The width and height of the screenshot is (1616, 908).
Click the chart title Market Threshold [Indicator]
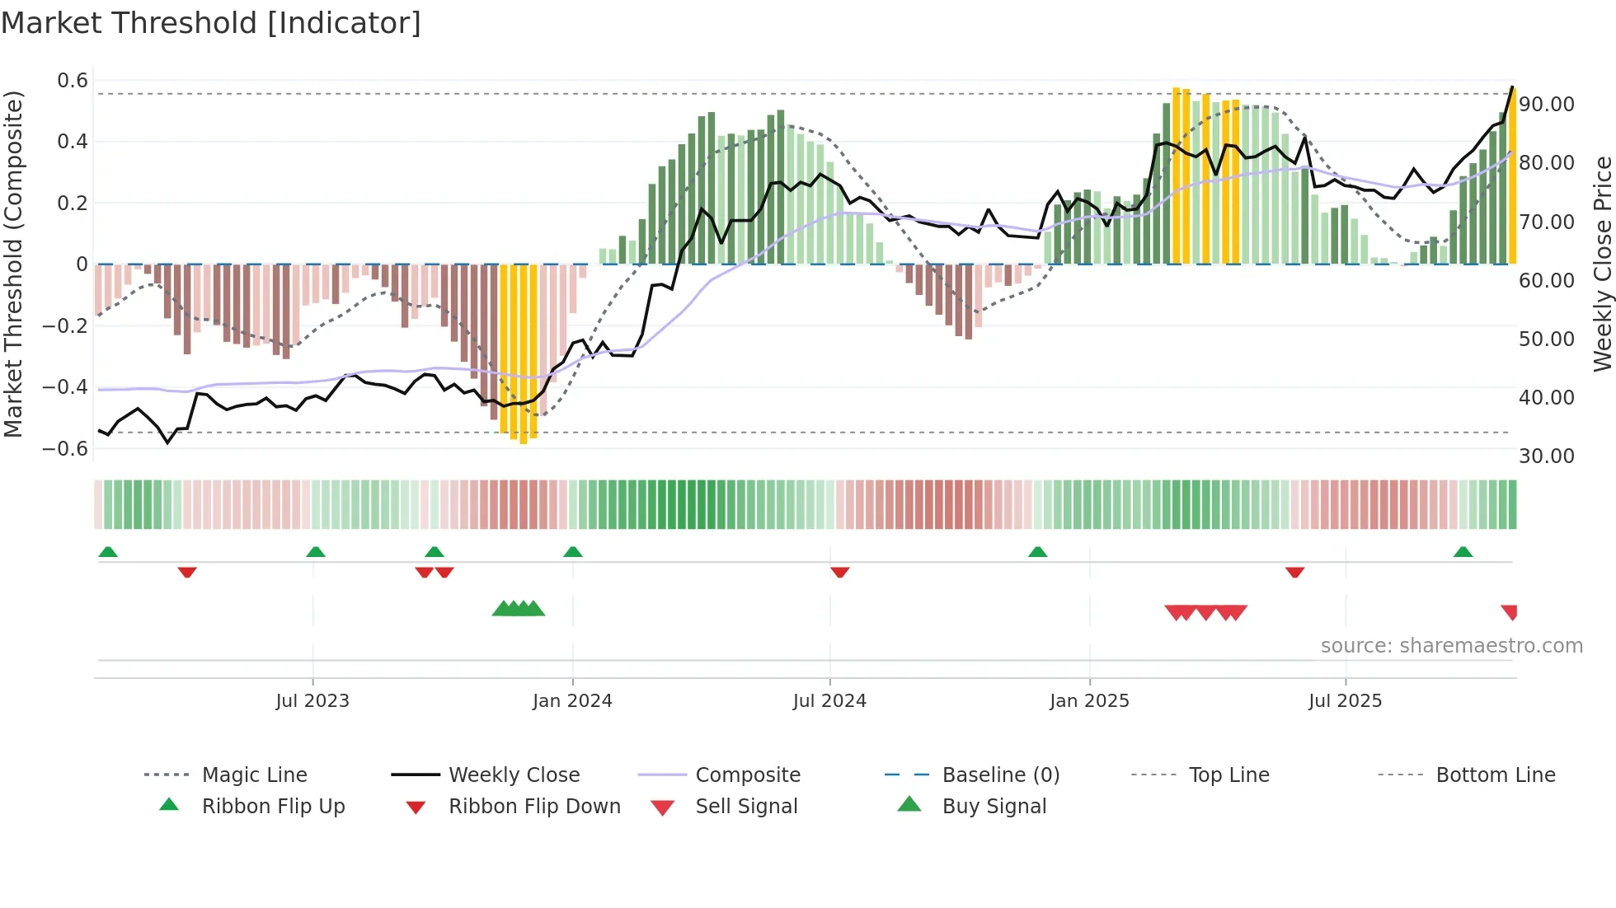click(x=211, y=23)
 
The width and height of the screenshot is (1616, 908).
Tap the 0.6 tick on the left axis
click(x=73, y=81)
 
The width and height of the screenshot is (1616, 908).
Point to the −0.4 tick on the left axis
click(x=65, y=387)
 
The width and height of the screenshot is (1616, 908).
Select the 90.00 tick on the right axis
click(x=1547, y=105)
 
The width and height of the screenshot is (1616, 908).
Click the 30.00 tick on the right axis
click(x=1547, y=456)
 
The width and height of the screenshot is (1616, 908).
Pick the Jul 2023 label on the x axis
click(x=312, y=701)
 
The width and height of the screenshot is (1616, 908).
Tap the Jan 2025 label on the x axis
click(x=1089, y=701)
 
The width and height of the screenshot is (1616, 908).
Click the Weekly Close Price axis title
click(x=1602, y=264)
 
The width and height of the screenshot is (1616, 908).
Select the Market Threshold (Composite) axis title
click(x=13, y=264)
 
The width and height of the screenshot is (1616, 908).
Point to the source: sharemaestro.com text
click(x=1451, y=646)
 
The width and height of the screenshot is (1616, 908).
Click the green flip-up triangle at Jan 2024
click(x=573, y=552)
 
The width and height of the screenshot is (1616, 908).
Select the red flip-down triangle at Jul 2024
click(x=840, y=572)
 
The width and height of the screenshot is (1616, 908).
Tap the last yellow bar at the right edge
click(x=1512, y=177)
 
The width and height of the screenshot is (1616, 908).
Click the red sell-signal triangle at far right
click(x=1510, y=611)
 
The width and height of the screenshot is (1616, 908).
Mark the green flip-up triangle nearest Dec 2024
click(x=1038, y=552)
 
